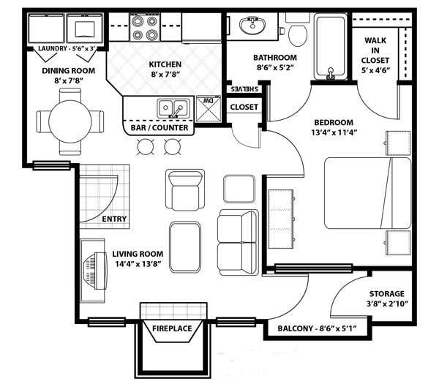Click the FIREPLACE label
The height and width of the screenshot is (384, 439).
coord(172,328)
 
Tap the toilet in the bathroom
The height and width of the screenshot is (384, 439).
coord(299,33)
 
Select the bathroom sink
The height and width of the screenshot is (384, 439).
coord(253,27)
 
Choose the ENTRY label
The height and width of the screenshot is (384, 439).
coord(114,219)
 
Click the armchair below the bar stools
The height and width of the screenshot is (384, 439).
coord(183,189)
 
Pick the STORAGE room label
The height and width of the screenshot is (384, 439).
coord(386,294)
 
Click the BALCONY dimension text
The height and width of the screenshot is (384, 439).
coord(317,328)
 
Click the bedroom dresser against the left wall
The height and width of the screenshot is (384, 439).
coord(281,217)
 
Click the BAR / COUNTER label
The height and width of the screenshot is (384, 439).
coord(160,128)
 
